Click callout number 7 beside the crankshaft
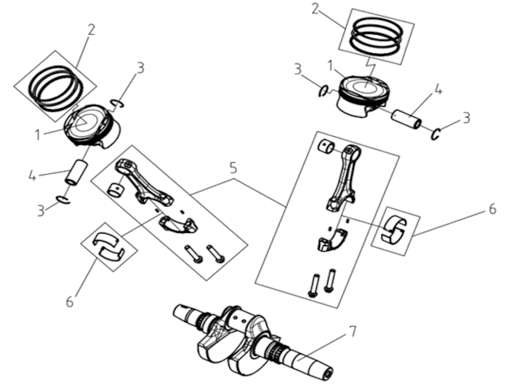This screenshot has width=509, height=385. (352, 331)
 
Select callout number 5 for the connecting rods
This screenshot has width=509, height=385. (233, 168)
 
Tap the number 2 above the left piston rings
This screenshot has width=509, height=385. (91, 30)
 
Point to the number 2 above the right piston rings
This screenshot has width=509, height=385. (315, 9)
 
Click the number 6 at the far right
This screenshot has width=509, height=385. (492, 209)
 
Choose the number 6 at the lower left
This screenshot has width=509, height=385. (70, 301)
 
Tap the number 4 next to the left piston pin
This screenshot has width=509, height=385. (33, 176)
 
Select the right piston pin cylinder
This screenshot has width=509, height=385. (407, 119)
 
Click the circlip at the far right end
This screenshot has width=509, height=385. (436, 133)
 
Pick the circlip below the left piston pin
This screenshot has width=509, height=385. (63, 200)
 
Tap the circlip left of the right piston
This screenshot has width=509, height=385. (324, 91)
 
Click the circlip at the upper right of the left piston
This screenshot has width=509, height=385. (117, 103)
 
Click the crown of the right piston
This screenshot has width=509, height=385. (364, 86)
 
